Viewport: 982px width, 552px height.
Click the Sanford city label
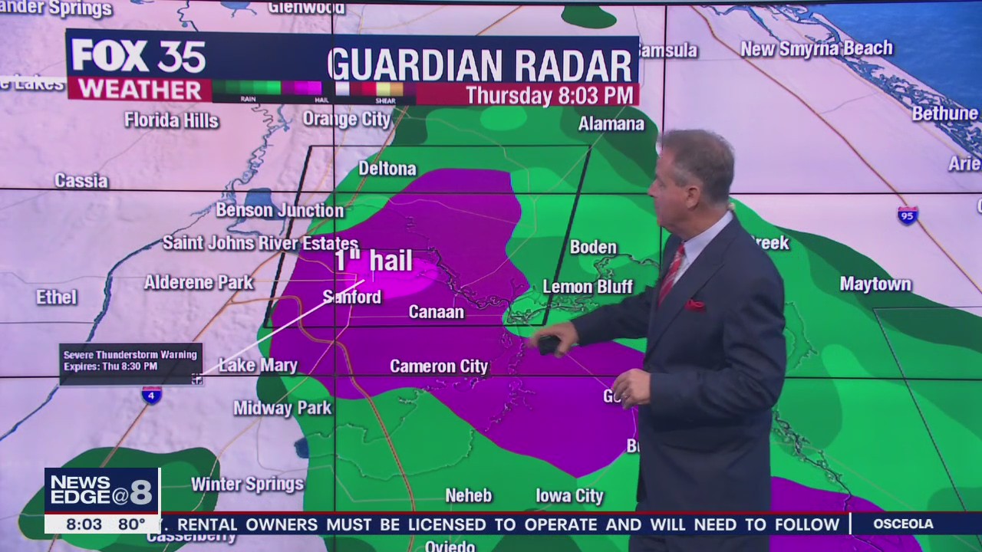point(352,297)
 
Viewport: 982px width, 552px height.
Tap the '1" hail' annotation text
point(374,261)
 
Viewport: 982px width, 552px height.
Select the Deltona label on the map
point(387,169)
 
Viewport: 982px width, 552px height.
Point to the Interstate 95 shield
point(908,215)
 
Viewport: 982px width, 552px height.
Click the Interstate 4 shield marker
point(151,395)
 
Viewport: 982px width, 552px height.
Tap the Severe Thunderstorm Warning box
point(130,360)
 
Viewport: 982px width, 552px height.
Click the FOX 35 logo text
point(139,56)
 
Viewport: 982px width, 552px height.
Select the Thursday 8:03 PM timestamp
point(550,95)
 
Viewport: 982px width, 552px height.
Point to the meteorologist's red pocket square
point(695,305)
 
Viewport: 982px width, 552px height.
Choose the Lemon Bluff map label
point(588,287)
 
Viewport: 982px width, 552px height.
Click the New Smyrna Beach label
point(816,49)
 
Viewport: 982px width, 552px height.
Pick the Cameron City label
point(439,366)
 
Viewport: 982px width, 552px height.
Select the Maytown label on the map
point(875,284)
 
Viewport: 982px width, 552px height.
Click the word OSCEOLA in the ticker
point(903,524)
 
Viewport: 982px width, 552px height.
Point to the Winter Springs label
point(247,484)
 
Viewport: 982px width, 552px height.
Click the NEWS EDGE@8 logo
point(101,491)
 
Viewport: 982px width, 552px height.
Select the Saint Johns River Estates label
point(260,243)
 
